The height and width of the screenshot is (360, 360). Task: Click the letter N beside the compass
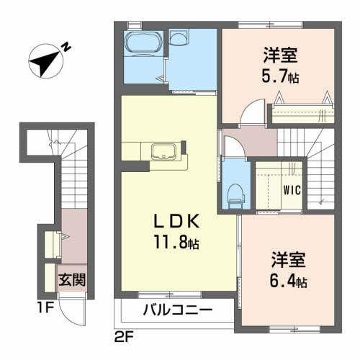tap(66, 48)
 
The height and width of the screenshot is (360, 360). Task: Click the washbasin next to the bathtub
tap(179, 37)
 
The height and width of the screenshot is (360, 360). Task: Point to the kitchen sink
tap(164, 151)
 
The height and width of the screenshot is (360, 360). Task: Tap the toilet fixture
tap(235, 196)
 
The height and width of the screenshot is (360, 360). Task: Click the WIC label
tap(292, 190)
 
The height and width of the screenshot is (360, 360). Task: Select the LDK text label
tap(176, 221)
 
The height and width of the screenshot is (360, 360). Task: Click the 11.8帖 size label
tap(176, 242)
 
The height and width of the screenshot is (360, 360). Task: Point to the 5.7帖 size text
tap(280, 76)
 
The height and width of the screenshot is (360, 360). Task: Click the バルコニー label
tap(178, 310)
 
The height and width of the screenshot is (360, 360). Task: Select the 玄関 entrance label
tap(72, 279)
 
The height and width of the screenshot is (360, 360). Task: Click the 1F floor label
tap(45, 308)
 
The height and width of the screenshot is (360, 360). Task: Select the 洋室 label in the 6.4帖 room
tap(288, 260)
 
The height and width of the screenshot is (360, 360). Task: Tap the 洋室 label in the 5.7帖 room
tap(280, 55)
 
